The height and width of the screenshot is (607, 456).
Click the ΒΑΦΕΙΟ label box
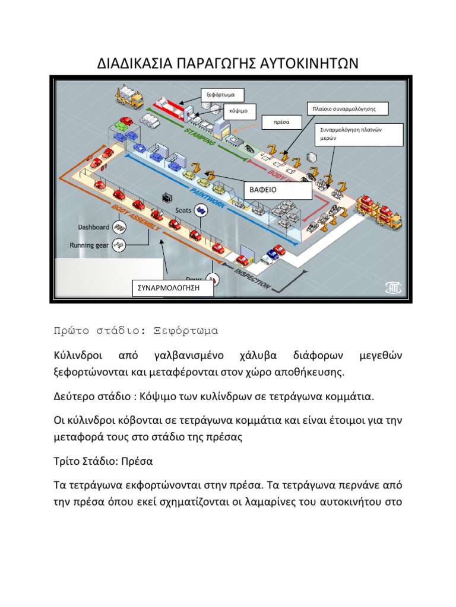277,190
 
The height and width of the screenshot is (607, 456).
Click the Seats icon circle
202,209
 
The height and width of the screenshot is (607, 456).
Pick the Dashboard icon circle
119,227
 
